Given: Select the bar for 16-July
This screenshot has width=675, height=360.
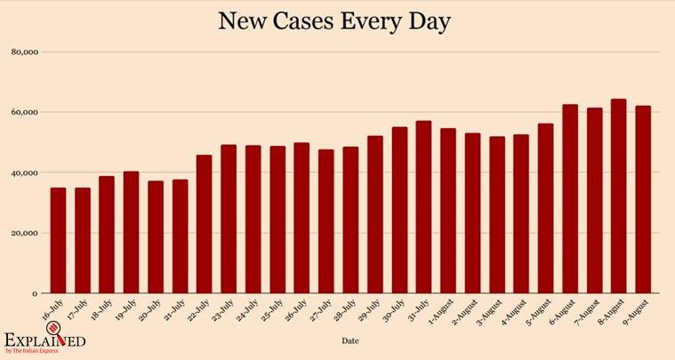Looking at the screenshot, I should coord(58,240).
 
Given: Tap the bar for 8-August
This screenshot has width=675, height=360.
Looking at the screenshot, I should coord(618,196).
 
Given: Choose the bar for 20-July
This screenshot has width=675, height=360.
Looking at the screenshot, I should coord(156,236).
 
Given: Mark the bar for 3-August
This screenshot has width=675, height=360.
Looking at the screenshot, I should coord(496,214).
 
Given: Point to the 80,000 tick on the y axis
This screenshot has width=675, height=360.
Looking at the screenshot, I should coord(25,52).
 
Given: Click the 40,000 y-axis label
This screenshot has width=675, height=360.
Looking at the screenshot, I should coord(25,172).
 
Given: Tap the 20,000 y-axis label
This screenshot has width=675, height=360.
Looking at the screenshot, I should coord(25,233).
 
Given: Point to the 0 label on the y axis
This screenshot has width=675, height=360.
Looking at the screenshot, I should coord(35,293).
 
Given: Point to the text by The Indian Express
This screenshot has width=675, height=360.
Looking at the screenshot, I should coord(36,353).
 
